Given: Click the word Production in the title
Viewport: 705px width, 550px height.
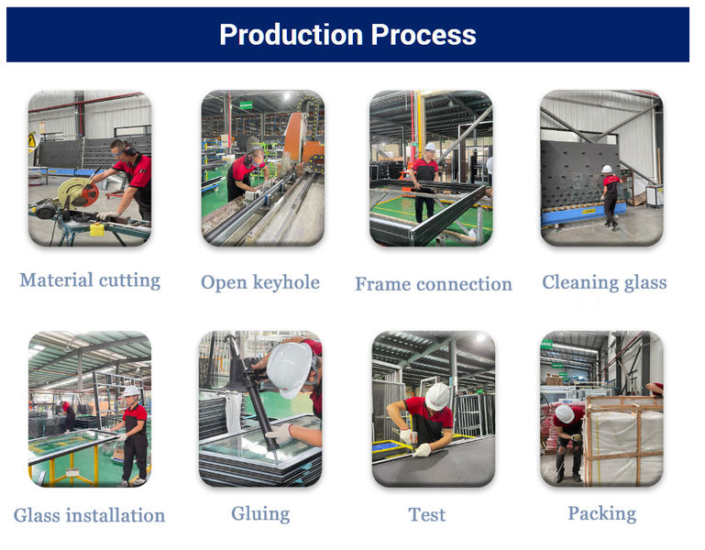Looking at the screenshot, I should [281, 35].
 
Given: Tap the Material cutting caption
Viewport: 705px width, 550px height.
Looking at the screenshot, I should [90, 280].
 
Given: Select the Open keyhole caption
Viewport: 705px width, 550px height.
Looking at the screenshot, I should [260, 281].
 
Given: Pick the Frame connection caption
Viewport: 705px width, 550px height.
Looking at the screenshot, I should [434, 283].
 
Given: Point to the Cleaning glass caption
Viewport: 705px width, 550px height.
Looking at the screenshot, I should [604, 281].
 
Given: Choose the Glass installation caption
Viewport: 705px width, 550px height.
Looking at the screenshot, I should [90, 515].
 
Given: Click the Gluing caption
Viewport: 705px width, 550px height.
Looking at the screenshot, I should [260, 512].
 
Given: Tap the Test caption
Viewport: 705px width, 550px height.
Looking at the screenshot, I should [427, 514].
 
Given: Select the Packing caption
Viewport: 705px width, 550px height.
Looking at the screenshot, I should [601, 512].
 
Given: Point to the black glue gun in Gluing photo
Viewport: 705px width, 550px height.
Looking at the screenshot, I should [251, 403].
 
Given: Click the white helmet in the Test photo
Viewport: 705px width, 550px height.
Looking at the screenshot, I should [438, 395].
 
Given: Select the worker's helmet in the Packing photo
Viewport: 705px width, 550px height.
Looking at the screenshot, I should [565, 414].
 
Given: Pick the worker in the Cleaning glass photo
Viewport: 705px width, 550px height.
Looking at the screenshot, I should [610, 194].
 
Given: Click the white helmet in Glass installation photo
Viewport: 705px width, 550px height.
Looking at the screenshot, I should [131, 391].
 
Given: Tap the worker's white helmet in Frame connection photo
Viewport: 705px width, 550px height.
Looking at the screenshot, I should [430, 147].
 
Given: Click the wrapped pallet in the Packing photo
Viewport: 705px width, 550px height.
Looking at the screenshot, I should [623, 440].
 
